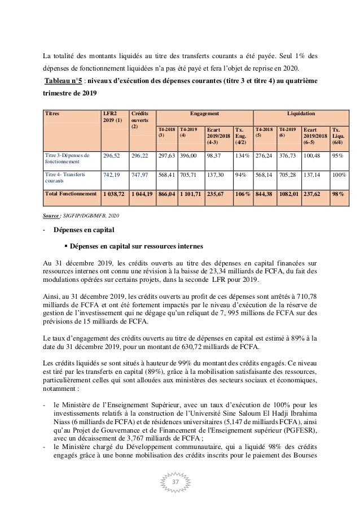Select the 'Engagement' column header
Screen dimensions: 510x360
[203, 113]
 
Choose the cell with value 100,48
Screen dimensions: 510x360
[314, 155]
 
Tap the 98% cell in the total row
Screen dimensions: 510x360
[340, 193]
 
